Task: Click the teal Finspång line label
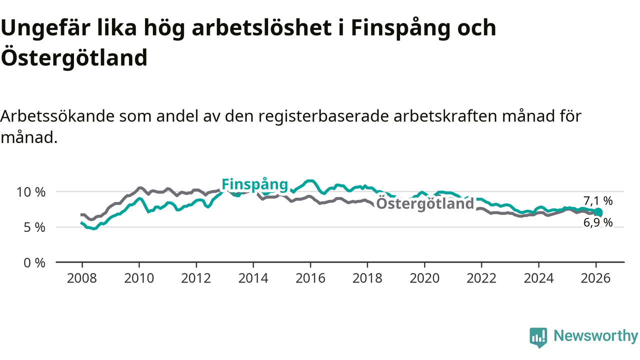coord(255,184)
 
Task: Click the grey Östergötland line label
coord(424,203)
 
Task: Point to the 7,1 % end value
coord(598,201)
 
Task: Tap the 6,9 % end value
coord(598,223)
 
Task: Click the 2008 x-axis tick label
coord(82,278)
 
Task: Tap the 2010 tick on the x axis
coord(139,278)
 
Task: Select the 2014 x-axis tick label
coord(253,278)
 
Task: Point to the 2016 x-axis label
coord(310,278)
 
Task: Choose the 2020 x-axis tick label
coord(424,278)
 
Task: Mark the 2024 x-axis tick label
coord(538,278)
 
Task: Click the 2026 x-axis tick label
coord(595,278)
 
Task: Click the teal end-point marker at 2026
coord(598,212)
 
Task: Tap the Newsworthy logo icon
coord(538,337)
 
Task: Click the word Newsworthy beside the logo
coord(595,336)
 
